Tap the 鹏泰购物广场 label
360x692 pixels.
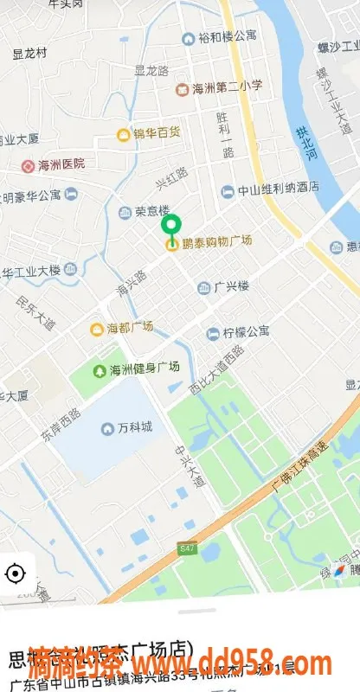(217, 241)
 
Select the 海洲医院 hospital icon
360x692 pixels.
(29, 164)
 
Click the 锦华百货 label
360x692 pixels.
(156, 133)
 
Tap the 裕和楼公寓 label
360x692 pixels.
(228, 37)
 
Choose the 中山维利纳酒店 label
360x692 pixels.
(279, 190)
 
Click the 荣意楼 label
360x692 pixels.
(151, 211)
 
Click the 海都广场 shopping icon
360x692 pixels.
(98, 328)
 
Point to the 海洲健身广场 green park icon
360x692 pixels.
(100, 370)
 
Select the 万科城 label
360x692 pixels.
(135, 428)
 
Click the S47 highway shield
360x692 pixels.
(188, 548)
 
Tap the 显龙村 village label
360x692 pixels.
(29, 53)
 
